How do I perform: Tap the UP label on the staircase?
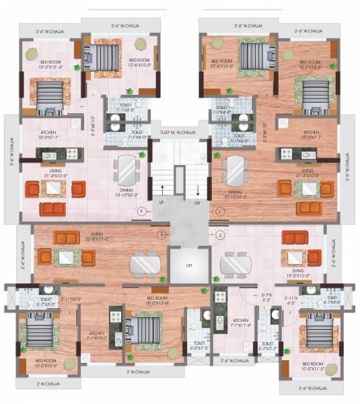pos(161,201)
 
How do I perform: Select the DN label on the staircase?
pos(198,201)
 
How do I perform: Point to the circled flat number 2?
pos(219,235)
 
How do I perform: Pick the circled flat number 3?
pos(161,234)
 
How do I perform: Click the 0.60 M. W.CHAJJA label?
pos(178,133)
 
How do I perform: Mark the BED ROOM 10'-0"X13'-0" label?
pos(156,300)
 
